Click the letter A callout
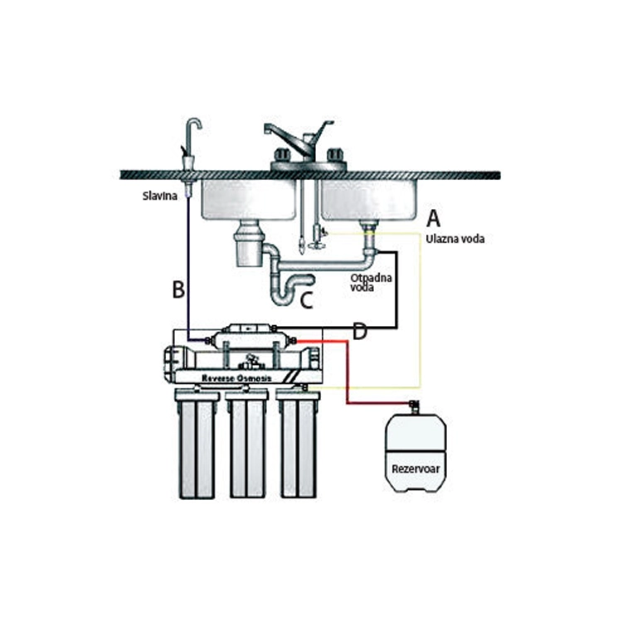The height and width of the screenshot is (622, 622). tap(433, 218)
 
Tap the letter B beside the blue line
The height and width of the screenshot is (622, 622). tap(178, 289)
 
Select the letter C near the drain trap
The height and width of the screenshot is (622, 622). tap(307, 299)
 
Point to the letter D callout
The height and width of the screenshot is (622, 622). tap(360, 331)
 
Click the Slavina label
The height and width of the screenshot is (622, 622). tap(160, 196)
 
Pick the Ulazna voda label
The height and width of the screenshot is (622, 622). tap(455, 239)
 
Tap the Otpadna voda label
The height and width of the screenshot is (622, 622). tap(371, 283)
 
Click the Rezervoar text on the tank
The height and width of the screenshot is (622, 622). tap(415, 469)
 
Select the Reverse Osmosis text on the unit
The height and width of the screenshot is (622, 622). tap(237, 378)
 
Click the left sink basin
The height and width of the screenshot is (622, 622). tap(249, 200)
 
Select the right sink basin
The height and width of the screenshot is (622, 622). tap(369, 200)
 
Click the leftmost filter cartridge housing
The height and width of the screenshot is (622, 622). tap(197, 445)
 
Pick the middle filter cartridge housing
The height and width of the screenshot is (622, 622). tap(247, 445)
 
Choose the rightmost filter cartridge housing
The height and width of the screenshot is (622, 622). tap(299, 445)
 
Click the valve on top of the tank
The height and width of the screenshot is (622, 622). tap(415, 406)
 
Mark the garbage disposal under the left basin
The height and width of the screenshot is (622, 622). tap(249, 244)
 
